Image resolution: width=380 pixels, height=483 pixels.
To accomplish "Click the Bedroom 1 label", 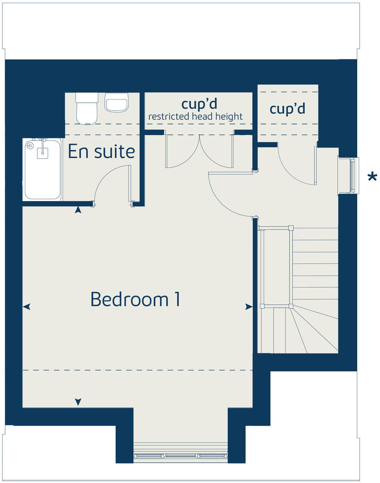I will tap(135, 299).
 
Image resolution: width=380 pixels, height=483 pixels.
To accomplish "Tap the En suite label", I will tap(101, 152).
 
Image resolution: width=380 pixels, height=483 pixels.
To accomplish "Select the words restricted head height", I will tap(196, 116).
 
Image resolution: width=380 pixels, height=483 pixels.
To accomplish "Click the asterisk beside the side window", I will tap(372, 177).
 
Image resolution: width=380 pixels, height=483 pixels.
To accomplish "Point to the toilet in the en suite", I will tap(87, 109).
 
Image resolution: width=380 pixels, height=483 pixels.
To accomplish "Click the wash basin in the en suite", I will tap(117, 102).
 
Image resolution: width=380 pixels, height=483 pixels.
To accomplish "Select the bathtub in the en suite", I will tap(42, 169).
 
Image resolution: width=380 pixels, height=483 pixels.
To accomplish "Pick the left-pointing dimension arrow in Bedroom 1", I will tap(26, 307).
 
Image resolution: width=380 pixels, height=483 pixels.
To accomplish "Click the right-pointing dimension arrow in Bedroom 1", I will tap(249, 307).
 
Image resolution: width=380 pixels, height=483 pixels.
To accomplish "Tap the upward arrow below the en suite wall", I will tap(78, 210).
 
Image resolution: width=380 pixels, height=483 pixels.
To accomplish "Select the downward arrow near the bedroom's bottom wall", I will tap(78, 401).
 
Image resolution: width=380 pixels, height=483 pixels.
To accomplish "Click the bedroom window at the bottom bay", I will tap(180, 455).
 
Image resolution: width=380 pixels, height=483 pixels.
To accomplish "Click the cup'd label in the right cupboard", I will tap(288, 109).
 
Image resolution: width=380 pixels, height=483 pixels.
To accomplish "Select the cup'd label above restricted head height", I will tap(199, 104).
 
